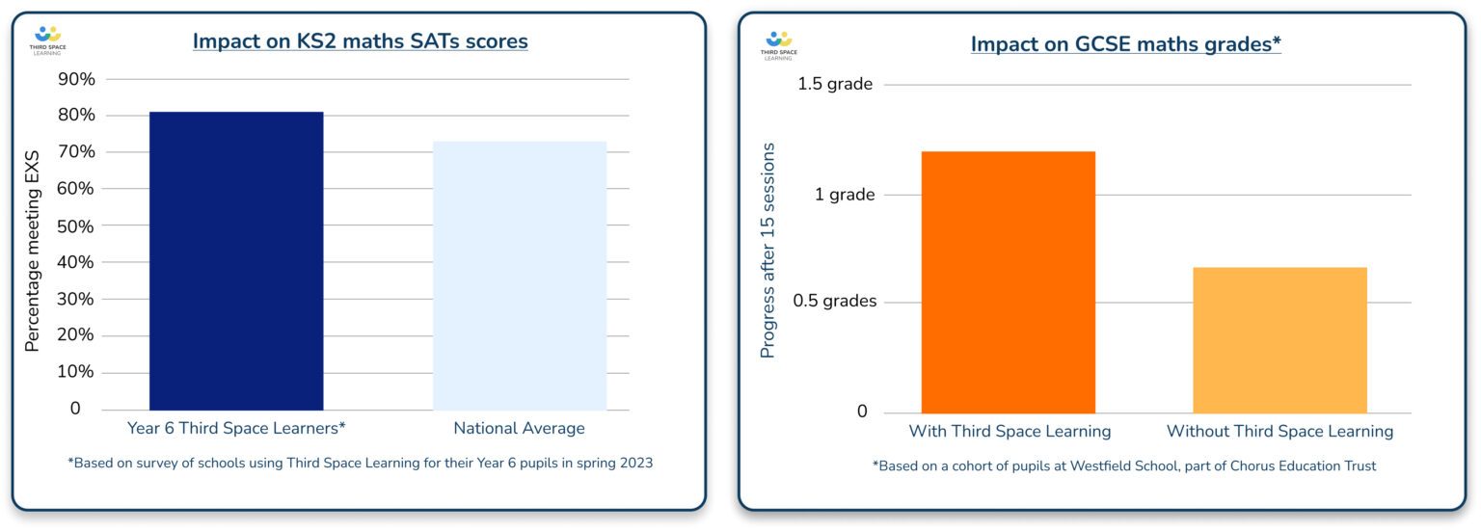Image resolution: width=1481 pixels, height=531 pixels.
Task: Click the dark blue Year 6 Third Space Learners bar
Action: [x=236, y=260]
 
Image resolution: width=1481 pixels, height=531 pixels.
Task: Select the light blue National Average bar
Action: [x=520, y=276]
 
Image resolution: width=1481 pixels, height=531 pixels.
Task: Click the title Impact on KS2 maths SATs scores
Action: [x=360, y=41]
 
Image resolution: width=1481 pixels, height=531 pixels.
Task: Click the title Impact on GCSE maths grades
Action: [x=1125, y=44]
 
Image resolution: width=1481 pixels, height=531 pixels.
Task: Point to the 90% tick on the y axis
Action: [x=77, y=79]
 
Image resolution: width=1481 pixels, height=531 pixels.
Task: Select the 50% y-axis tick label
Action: [x=77, y=226]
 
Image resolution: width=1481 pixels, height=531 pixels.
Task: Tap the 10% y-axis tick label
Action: [x=77, y=372]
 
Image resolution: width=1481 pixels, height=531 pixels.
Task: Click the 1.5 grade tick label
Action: [x=834, y=85]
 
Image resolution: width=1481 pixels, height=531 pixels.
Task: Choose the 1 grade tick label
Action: [x=845, y=195]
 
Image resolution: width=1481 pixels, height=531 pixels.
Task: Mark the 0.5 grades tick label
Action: [x=834, y=302]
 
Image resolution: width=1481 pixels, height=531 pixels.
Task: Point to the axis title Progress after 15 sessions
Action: [x=768, y=251]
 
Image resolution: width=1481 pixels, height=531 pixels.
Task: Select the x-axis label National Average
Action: [x=519, y=429]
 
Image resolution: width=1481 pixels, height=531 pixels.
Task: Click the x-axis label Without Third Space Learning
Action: [x=1279, y=432]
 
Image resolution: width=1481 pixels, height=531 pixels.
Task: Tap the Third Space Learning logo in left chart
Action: [x=47, y=40]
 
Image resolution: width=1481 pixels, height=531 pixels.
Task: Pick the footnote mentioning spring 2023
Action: [x=360, y=464]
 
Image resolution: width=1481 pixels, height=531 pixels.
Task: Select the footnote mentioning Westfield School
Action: [x=1124, y=466]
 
